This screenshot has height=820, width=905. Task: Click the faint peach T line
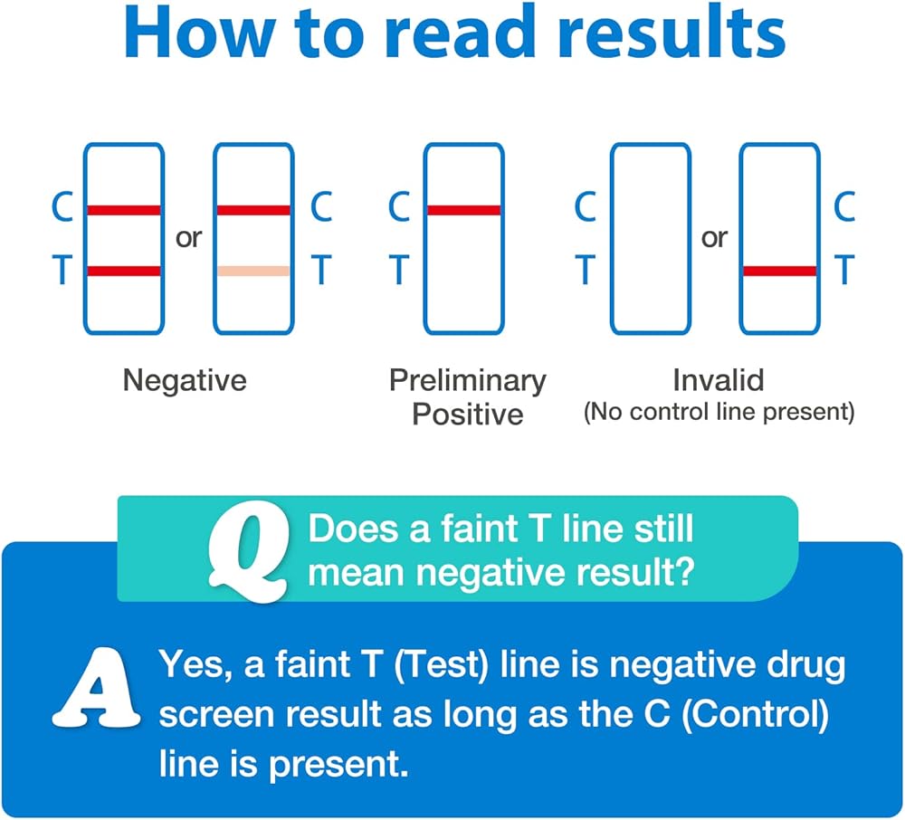253,271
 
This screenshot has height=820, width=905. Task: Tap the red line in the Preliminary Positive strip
463,210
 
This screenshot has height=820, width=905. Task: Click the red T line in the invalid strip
780,271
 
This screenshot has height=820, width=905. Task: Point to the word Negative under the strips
185,381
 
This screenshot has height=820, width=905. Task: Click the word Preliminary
468,381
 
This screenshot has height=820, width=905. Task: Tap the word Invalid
719,380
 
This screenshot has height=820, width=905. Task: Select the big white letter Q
249,551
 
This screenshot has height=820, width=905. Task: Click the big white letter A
96,687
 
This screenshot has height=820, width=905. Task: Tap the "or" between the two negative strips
189,238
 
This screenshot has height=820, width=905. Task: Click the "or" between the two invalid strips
715,238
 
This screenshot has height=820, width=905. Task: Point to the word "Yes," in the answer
196,665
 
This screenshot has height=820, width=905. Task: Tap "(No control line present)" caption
719,412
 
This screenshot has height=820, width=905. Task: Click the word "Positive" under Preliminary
468,415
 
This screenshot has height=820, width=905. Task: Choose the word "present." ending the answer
338,766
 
